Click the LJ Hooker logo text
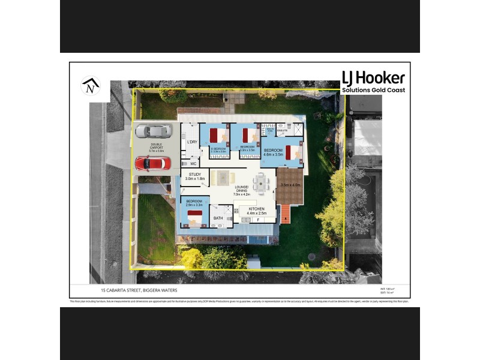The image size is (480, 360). (x=373, y=78)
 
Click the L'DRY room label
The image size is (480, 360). (x=192, y=142)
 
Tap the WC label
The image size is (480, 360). (x=193, y=163)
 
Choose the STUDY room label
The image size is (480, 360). (x=194, y=175)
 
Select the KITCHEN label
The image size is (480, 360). (x=256, y=209)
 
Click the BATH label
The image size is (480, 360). (x=218, y=218)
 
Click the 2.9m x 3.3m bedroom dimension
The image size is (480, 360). (x=194, y=205)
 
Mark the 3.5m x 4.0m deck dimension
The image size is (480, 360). (x=290, y=185)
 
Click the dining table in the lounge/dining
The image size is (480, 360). (x=262, y=181)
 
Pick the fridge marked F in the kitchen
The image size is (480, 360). (x=258, y=220)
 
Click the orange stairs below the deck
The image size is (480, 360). (x=286, y=214)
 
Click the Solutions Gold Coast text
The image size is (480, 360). (x=373, y=90)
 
